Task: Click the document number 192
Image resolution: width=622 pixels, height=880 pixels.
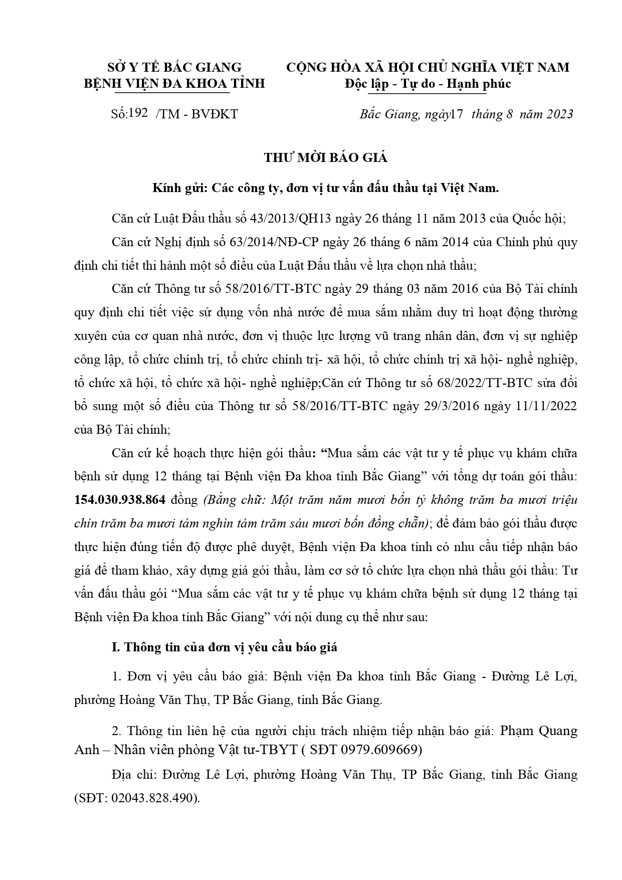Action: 138,113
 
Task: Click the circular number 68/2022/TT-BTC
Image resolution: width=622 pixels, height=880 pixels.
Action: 484,383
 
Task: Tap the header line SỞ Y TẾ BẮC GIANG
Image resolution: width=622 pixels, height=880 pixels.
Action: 175,67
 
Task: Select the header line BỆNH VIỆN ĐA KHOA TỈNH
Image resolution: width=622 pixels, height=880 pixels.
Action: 174,83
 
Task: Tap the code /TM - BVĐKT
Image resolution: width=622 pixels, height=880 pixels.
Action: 197,114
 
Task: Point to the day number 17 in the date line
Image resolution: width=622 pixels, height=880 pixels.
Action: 456,114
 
